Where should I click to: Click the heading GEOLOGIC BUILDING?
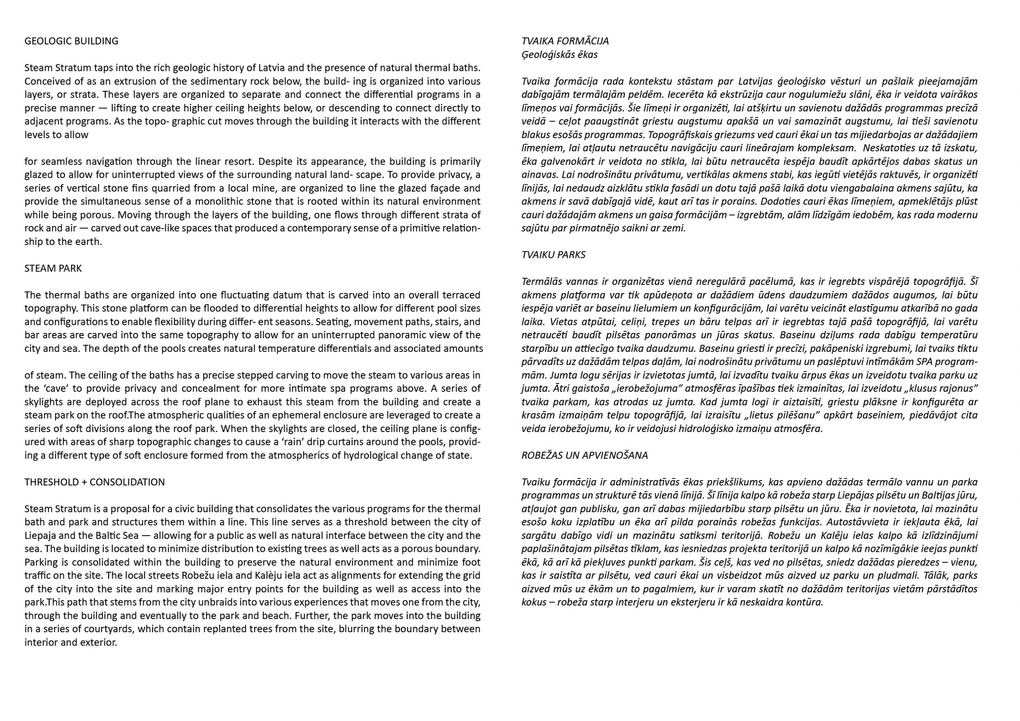pos(71,41)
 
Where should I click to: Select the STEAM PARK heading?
pos(53,269)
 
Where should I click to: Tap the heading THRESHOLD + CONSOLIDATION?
pos(94,482)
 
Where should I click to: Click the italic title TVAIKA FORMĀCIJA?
pos(565,41)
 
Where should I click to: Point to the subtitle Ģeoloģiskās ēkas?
pos(559,55)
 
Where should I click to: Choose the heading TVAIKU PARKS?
pos(553,255)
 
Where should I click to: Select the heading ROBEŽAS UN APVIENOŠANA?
pos(584,456)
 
